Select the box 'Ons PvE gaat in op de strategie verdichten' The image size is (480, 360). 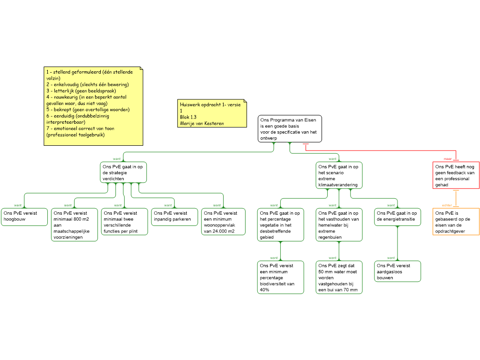123,172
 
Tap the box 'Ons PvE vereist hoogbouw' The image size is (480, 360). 24,217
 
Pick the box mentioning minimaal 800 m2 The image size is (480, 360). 75,225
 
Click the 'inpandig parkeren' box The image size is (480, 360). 174,217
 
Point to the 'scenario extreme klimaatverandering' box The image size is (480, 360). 339,175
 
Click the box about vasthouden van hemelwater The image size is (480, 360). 339,225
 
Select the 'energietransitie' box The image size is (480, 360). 397,217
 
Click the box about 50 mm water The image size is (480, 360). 339,277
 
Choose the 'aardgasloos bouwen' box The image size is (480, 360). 397,271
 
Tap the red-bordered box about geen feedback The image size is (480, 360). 456,175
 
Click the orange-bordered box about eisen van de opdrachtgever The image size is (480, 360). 456,221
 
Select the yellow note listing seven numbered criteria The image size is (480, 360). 93,106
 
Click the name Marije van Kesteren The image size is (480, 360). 202,123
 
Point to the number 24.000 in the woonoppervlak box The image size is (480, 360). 219,231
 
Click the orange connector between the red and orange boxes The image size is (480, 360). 456,198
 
